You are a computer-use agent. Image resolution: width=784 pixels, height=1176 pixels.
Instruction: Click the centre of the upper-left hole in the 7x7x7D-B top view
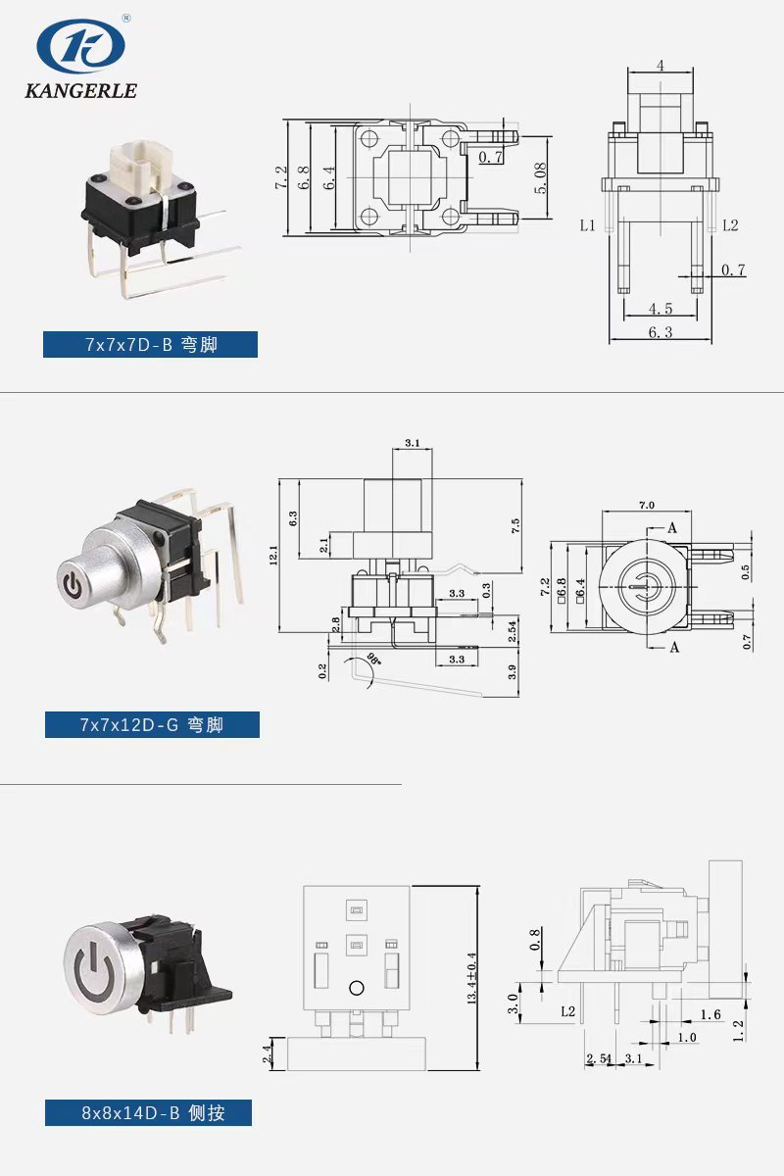point(369,138)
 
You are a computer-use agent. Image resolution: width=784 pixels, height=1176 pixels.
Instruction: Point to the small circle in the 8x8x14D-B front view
point(357,988)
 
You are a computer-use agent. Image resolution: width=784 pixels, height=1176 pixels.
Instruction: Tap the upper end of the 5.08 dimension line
point(547,136)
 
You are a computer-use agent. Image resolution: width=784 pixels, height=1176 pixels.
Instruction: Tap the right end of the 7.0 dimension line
point(691,511)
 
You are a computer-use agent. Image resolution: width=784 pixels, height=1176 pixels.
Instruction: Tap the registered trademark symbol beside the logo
point(126,19)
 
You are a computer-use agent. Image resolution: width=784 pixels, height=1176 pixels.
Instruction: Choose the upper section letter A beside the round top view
point(672,528)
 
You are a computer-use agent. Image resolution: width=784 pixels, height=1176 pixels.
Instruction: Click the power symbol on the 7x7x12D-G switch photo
point(72,584)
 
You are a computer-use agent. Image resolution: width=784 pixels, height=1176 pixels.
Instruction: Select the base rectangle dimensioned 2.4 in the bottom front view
point(357,1054)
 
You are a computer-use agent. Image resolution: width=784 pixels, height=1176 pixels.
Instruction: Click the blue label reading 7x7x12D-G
point(152,724)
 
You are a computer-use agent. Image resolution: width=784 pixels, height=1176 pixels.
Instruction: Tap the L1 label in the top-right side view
point(588,225)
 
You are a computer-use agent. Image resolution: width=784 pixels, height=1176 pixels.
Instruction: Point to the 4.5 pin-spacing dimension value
point(661,308)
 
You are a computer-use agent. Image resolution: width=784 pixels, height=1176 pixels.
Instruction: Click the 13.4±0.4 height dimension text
point(472,979)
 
